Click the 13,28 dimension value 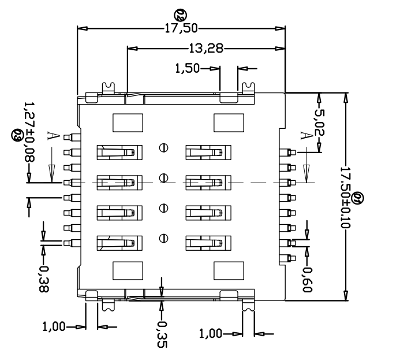(x=206, y=48)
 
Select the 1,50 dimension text (x=188, y=68)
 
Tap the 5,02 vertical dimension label (x=320, y=123)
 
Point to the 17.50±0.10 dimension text (x=346, y=198)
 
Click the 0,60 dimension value (x=307, y=280)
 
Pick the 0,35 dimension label (x=162, y=334)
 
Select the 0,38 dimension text (x=43, y=279)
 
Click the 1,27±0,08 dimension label (x=29, y=132)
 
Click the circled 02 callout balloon (x=180, y=15)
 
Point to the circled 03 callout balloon (x=17, y=136)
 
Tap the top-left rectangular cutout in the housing (x=128, y=123)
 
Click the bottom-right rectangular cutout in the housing (x=229, y=271)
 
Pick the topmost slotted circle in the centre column (x=163, y=148)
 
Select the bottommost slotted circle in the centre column (x=163, y=238)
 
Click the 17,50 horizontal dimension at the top (x=181, y=28)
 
